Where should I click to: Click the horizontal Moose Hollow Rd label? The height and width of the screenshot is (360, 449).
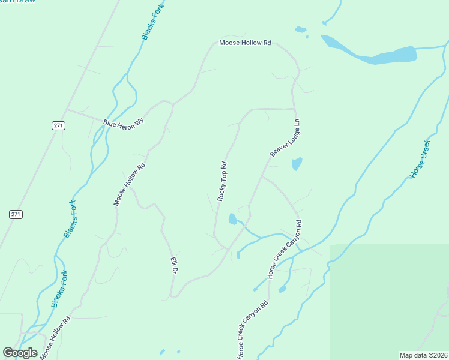(246, 43)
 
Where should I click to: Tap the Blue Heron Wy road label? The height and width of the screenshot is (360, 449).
(124, 122)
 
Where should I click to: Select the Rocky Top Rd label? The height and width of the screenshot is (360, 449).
(222, 181)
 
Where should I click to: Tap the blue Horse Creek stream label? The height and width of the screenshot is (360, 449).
(420, 158)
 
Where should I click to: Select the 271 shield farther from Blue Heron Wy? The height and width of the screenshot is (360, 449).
(16, 214)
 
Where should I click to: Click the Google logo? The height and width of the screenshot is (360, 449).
(20, 352)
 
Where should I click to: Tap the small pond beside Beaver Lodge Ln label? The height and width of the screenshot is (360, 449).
(297, 163)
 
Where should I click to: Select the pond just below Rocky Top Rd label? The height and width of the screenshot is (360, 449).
(232, 219)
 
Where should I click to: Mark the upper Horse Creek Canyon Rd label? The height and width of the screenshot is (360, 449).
(284, 249)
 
